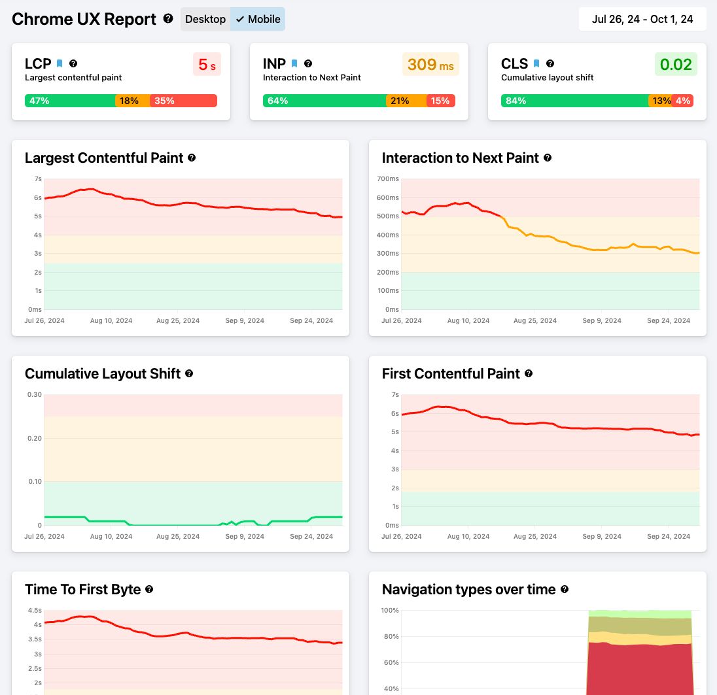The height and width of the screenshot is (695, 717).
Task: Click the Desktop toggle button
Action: click(205, 19)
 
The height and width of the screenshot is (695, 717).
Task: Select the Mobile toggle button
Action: click(258, 19)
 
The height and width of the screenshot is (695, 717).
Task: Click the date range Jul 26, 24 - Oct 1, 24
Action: click(642, 19)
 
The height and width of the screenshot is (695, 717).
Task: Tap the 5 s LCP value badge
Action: click(207, 65)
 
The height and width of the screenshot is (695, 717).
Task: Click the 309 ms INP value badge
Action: click(430, 65)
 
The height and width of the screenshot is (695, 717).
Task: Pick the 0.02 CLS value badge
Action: click(676, 65)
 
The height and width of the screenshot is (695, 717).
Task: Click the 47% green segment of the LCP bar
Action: click(69, 101)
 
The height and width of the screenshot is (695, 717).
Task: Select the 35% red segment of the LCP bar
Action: click(183, 101)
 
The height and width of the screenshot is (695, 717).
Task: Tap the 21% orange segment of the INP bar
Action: click(406, 101)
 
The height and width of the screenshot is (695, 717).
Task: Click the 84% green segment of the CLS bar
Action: click(574, 101)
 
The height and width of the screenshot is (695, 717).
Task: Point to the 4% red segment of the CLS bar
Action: click(683, 101)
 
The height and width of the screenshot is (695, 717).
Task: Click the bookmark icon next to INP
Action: click(294, 63)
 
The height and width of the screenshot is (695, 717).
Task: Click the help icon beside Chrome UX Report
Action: click(168, 18)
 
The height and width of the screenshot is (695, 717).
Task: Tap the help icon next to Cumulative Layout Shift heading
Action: click(189, 373)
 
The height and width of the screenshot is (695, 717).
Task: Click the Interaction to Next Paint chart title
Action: click(460, 158)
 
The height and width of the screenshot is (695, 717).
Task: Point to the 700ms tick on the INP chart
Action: click(388, 178)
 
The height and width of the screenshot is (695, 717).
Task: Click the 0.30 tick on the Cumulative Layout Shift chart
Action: click(34, 394)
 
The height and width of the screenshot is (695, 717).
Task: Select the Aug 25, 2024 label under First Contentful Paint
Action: click(535, 537)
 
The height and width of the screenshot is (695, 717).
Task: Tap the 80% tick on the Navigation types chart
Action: click(390, 636)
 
